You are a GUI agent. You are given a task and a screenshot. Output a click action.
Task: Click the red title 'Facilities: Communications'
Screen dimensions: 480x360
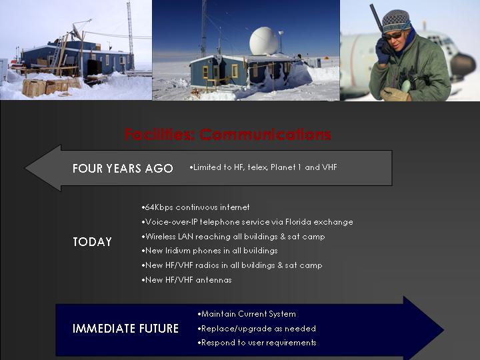(x=228, y=135)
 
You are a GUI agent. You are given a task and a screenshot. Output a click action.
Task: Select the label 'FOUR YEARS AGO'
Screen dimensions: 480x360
(x=123, y=169)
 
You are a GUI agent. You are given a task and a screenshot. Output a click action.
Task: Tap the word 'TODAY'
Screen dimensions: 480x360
(x=92, y=242)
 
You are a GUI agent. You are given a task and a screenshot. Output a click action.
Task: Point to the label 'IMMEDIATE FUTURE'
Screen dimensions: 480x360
(x=125, y=329)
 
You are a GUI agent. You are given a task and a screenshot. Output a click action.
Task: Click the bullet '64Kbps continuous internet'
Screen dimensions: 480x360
(x=195, y=207)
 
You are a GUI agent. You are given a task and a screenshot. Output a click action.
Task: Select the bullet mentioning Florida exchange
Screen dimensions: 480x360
(x=247, y=222)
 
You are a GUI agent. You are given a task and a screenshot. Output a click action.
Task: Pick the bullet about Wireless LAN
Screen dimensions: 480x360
(x=233, y=236)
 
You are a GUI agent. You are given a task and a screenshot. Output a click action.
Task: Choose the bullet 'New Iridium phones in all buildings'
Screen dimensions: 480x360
(x=210, y=251)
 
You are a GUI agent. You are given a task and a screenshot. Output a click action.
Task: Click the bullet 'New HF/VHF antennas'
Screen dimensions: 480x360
(x=187, y=280)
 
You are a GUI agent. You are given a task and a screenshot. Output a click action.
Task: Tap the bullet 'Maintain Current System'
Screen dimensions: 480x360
(x=247, y=314)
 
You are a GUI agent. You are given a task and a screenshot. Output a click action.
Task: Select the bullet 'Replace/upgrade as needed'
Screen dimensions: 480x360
(x=257, y=329)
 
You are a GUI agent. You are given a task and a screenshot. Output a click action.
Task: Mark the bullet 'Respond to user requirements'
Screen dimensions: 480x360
(x=257, y=343)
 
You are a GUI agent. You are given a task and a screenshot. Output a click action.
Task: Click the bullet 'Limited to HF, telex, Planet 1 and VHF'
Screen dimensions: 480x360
(x=263, y=167)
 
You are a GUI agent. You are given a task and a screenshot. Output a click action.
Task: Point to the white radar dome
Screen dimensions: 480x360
(x=263, y=41)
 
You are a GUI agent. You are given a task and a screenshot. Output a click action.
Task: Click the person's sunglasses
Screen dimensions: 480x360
(x=394, y=35)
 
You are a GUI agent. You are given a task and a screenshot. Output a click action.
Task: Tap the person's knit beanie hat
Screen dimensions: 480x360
(x=395, y=20)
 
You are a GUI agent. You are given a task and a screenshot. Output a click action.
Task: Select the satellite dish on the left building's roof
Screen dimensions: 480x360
(x=77, y=33)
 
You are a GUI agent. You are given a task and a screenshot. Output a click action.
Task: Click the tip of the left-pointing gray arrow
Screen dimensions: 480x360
(x=25, y=168)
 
